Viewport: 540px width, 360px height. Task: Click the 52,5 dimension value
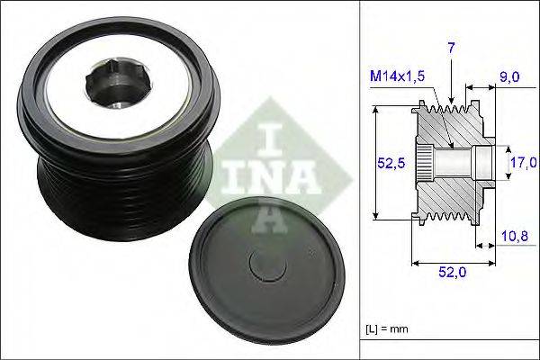tap(388, 163)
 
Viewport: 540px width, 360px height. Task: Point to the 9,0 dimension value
tap(511, 77)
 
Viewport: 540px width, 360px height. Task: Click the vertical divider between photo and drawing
tap(357, 180)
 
